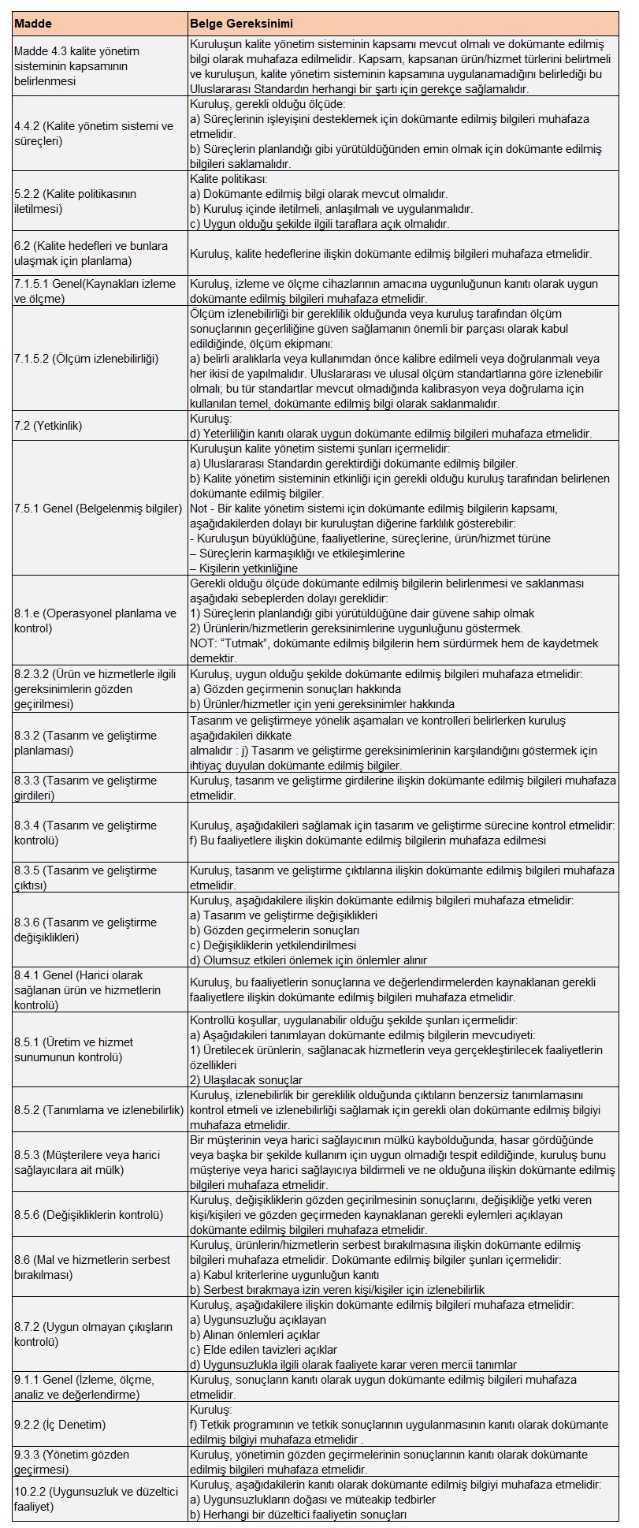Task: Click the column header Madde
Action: pos(33,24)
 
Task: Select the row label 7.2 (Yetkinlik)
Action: pos(48,426)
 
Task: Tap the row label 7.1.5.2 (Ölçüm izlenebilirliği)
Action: pos(87,359)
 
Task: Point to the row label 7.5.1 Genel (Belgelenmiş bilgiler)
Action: pos(98,508)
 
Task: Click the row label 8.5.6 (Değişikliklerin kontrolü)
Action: pos(88,1215)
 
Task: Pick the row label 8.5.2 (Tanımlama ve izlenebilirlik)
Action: pos(98,1110)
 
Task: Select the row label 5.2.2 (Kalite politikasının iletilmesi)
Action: pos(76,202)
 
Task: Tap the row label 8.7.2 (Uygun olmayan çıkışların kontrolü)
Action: pos(93,1334)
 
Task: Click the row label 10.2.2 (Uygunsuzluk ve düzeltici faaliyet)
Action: pos(96,1499)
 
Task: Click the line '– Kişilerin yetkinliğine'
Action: pos(244,568)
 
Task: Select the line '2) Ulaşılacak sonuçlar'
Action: pos(247,1080)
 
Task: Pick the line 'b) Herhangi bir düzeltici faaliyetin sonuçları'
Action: pos(299,1515)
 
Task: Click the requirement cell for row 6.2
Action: pos(391,254)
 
